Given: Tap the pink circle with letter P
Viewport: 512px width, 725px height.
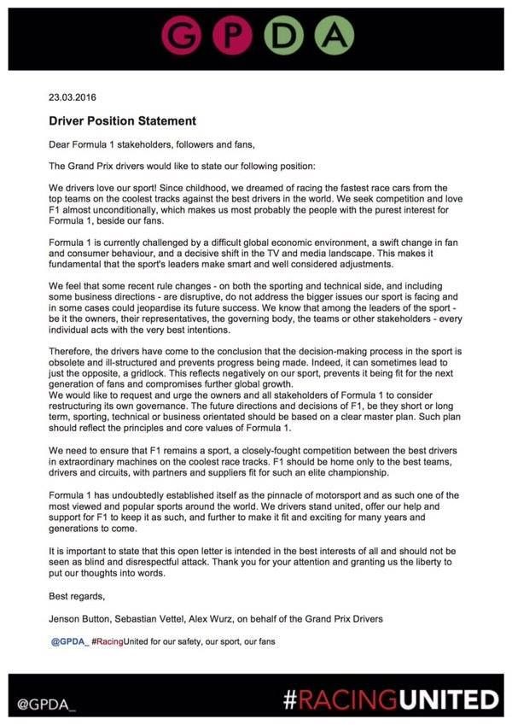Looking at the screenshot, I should [231, 35].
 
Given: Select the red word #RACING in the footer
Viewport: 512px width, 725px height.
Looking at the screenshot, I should [341, 701].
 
